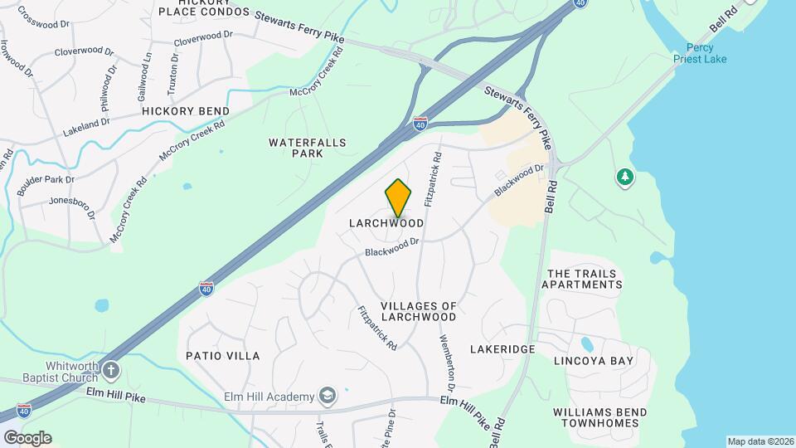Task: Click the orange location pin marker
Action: [x=398, y=197]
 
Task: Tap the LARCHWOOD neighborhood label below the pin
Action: [x=386, y=223]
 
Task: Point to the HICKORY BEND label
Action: [x=186, y=111]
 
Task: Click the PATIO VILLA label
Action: [x=223, y=356]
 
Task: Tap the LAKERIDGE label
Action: [x=502, y=349]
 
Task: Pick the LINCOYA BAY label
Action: [x=594, y=361]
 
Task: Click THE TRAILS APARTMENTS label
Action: [x=581, y=279]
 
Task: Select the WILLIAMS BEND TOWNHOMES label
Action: [x=597, y=417]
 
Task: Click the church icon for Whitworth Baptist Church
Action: [x=111, y=369]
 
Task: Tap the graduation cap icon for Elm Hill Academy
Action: [x=328, y=396]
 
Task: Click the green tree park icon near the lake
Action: [x=624, y=177]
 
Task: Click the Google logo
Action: [x=27, y=437]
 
